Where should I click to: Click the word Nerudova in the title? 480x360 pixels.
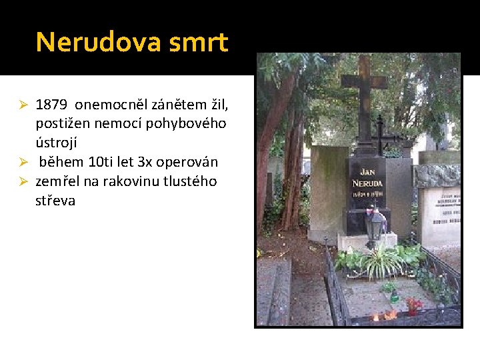(99, 42)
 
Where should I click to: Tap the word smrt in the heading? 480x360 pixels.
(199, 42)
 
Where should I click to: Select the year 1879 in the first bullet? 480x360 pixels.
(52, 105)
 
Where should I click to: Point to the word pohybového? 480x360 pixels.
(193, 124)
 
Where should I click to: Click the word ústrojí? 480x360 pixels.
(56, 143)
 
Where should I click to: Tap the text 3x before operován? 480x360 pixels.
(145, 162)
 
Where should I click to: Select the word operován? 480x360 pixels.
(188, 162)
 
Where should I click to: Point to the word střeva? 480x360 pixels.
(55, 200)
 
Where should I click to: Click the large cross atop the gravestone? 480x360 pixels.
(363, 93)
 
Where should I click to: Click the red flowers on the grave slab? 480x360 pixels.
(413, 305)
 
